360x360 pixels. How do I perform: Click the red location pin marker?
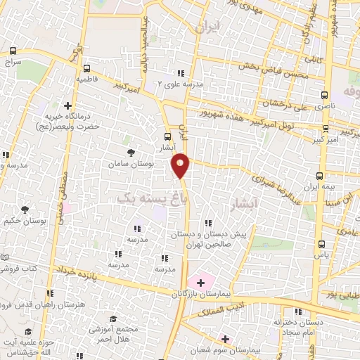(x=181, y=165)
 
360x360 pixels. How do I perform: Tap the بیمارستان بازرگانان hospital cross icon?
(x=200, y=283)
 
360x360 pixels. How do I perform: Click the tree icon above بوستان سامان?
(x=131, y=152)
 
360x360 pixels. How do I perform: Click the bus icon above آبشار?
(x=167, y=136)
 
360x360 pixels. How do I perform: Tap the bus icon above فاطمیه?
(x=86, y=69)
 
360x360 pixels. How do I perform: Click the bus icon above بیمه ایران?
(x=320, y=175)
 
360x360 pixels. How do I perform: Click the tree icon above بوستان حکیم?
(x=25, y=210)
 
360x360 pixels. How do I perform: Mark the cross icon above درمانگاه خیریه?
(x=67, y=105)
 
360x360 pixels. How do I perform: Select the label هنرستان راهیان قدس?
(x=33, y=304)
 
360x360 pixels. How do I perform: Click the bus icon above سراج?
(x=13, y=51)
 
